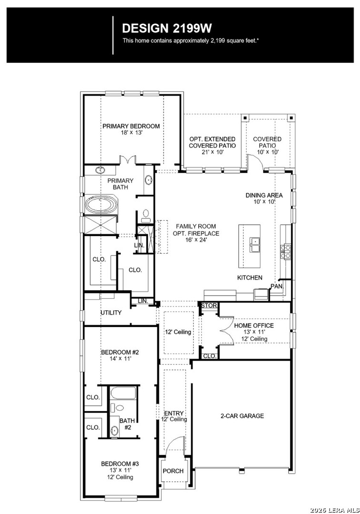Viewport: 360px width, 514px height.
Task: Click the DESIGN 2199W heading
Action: click(x=167, y=29)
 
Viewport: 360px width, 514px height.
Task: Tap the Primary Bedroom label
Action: click(x=131, y=126)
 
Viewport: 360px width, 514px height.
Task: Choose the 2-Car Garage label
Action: click(x=242, y=416)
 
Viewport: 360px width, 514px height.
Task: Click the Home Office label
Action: click(x=254, y=326)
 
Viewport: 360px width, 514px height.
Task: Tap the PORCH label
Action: click(x=173, y=471)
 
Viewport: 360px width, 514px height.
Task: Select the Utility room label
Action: click(x=111, y=313)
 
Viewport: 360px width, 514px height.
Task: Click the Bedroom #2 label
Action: click(x=120, y=352)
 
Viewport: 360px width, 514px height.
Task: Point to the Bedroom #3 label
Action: click(x=120, y=464)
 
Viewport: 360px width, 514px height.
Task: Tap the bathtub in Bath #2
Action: click(x=123, y=393)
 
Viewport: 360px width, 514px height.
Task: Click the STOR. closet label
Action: click(x=209, y=306)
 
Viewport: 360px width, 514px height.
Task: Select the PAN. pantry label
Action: click(x=277, y=286)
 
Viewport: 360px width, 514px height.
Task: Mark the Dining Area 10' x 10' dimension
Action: click(x=264, y=202)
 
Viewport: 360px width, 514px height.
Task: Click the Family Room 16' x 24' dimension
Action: click(x=196, y=239)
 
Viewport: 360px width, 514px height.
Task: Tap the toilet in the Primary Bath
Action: click(x=146, y=215)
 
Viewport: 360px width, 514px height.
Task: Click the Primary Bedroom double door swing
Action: click(x=127, y=159)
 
